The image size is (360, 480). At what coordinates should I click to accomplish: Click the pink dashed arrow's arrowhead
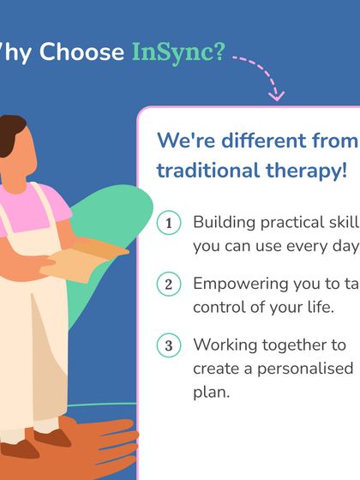pyautogui.click(x=276, y=93)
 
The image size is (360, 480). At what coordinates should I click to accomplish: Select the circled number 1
pyautogui.click(x=169, y=223)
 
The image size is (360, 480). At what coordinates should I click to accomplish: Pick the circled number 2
pyautogui.click(x=169, y=284)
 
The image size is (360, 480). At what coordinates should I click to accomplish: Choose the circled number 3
pyautogui.click(x=169, y=345)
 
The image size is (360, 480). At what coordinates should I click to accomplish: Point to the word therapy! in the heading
pyautogui.click(x=297, y=170)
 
